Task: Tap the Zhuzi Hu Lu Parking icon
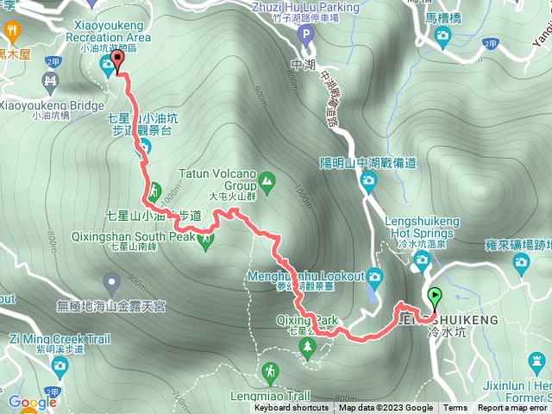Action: click(x=304, y=34)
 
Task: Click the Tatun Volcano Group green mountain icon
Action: click(x=267, y=182)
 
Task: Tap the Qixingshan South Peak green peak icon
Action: click(x=205, y=239)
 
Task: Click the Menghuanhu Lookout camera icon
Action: click(x=374, y=277)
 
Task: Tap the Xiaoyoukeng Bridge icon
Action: click(x=50, y=83)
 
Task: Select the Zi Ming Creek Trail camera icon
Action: click(x=60, y=367)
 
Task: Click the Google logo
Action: click(x=32, y=402)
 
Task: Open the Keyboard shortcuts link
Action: click(x=291, y=408)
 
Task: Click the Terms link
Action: click(x=455, y=408)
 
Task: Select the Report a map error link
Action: click(x=513, y=408)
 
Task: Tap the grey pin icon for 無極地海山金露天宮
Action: click(x=111, y=281)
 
